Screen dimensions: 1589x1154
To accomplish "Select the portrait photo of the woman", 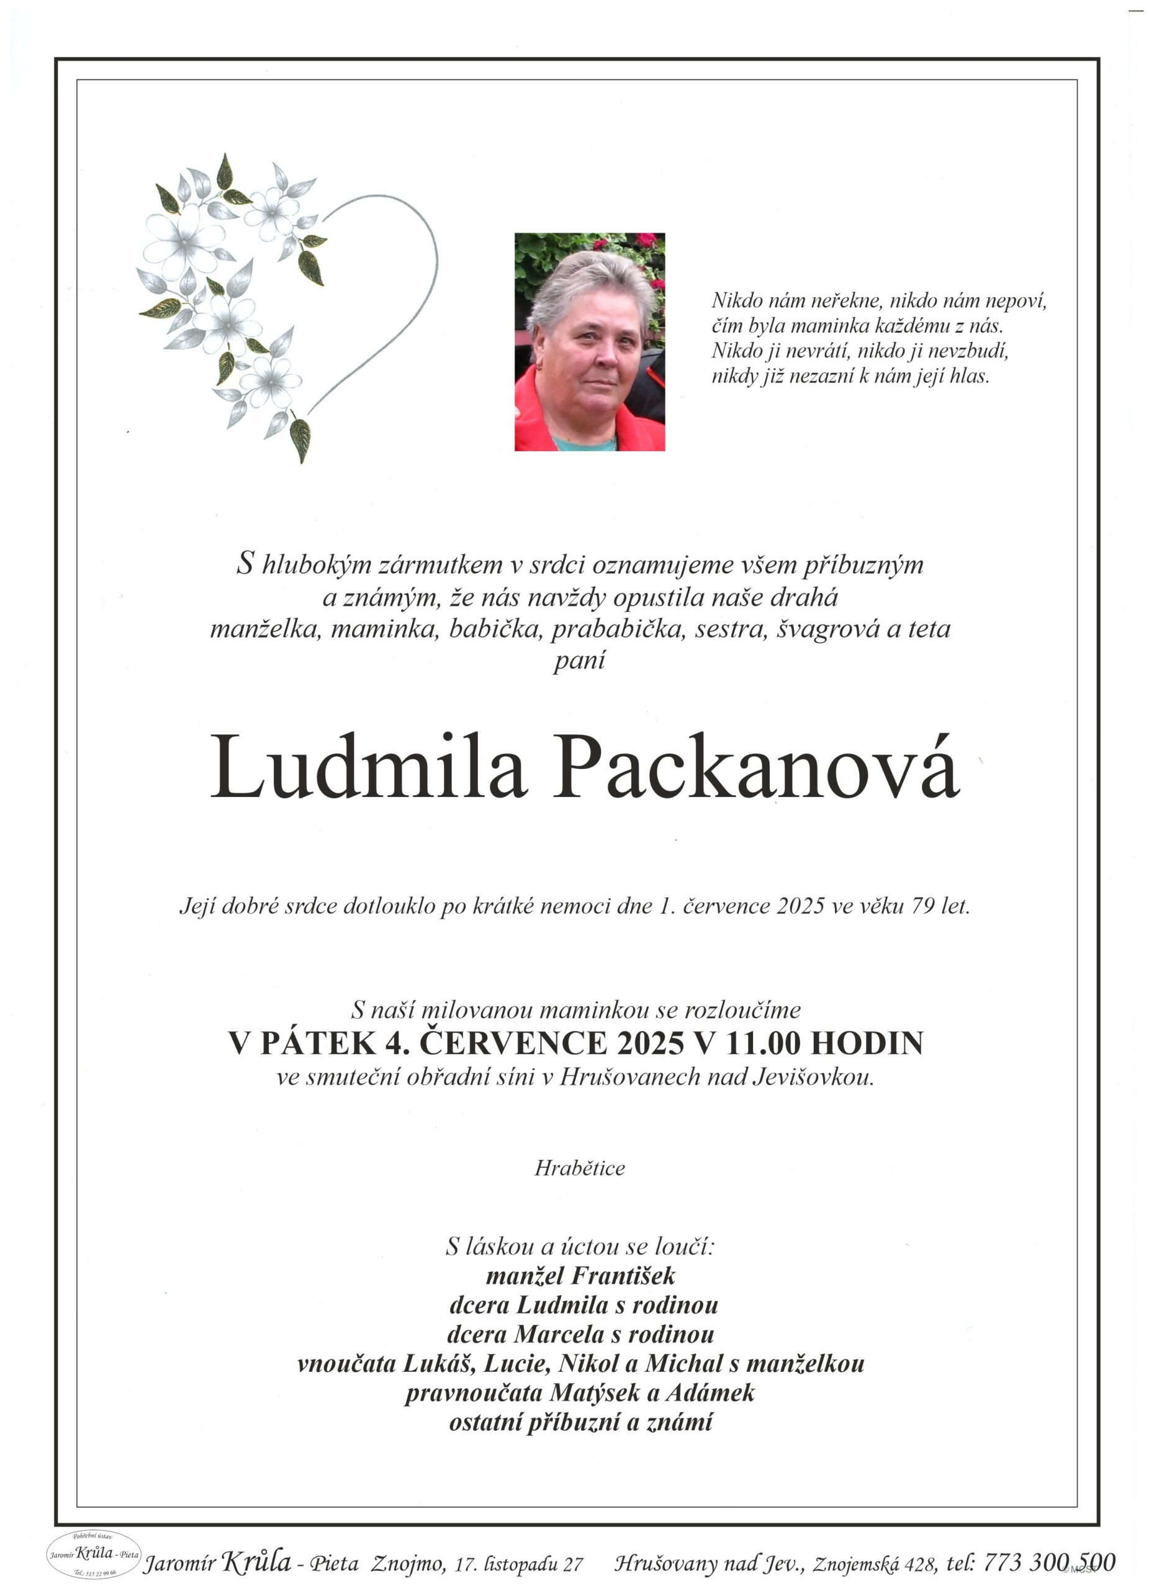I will coord(589,341).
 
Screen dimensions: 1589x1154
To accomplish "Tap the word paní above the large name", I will coord(579,660).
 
